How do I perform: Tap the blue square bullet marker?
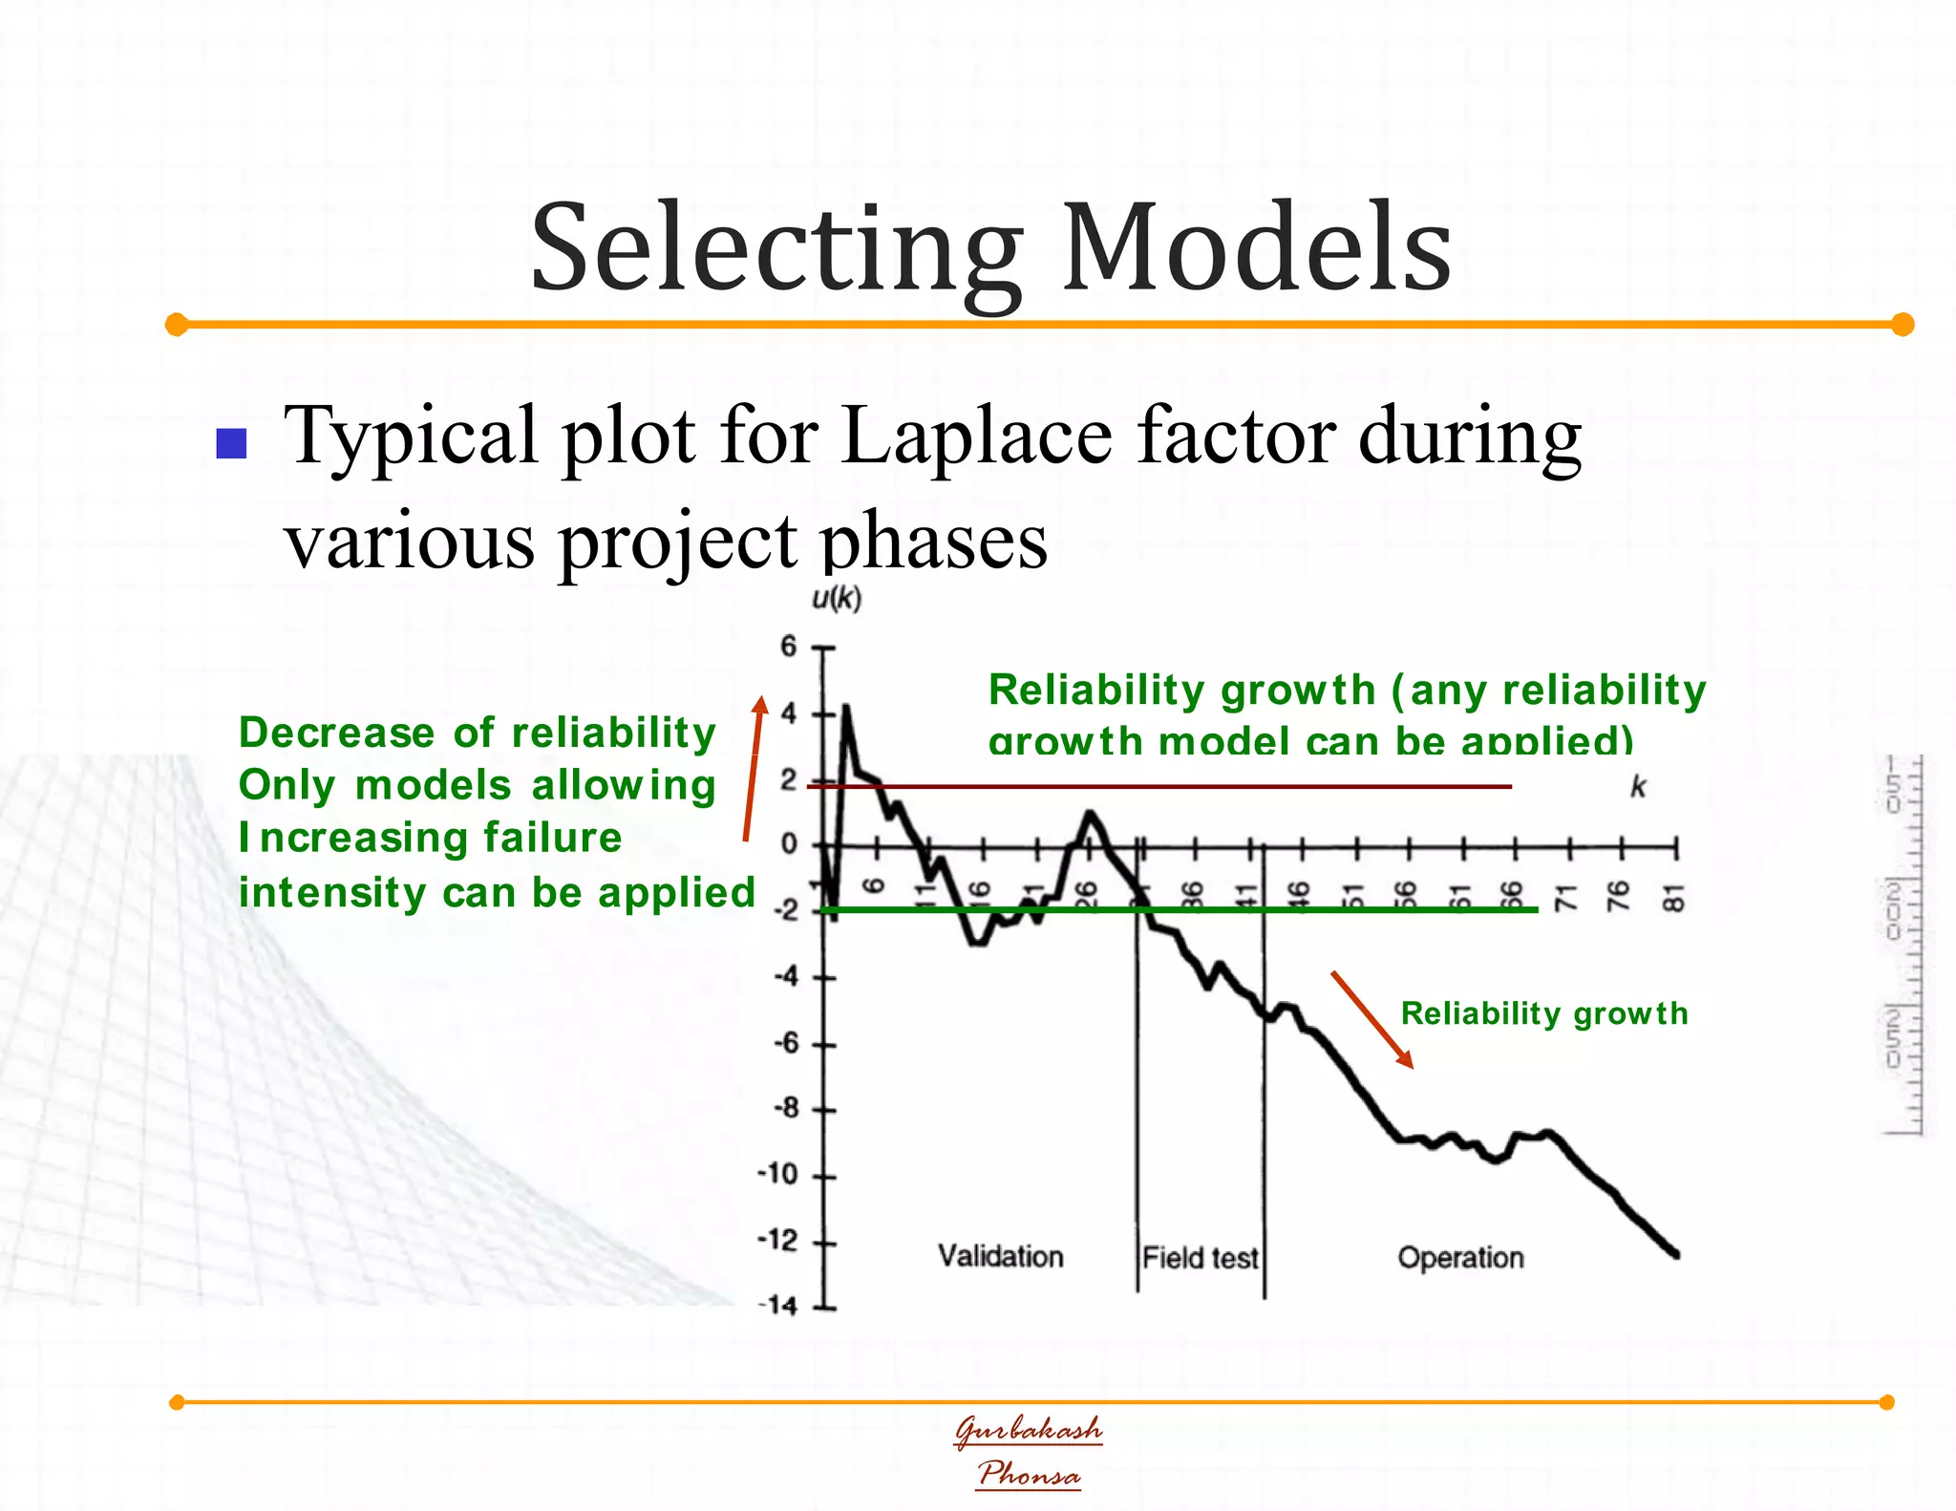(x=232, y=443)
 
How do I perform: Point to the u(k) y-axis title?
(x=836, y=599)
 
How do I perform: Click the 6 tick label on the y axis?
(x=788, y=647)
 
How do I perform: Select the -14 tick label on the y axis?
(x=777, y=1306)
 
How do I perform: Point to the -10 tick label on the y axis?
(x=777, y=1174)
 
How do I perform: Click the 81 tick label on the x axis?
(x=1673, y=898)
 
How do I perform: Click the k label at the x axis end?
(x=1638, y=787)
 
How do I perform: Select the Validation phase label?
(x=1000, y=1256)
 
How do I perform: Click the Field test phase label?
(x=1200, y=1258)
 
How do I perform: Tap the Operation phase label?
(x=1460, y=1258)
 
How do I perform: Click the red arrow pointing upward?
(x=753, y=769)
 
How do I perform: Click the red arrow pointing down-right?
(x=1371, y=1019)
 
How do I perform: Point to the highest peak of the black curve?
(x=845, y=708)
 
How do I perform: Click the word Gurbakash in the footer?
(x=1029, y=1430)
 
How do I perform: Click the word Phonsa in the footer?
(x=1029, y=1474)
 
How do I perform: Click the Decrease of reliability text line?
(x=477, y=733)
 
